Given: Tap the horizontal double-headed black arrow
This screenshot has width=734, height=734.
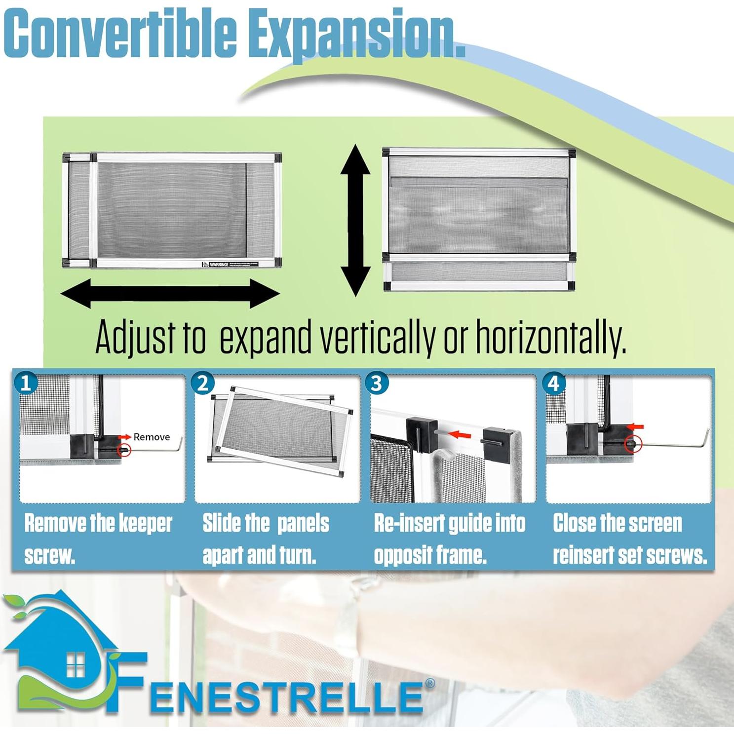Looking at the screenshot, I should [x=170, y=293].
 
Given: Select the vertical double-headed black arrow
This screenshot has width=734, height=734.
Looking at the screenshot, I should [x=355, y=220].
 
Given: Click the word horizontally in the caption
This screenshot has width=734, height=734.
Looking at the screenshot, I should [x=550, y=338].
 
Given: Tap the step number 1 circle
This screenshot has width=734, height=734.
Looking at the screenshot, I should [x=26, y=383].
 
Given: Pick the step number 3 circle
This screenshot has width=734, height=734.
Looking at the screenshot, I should [x=377, y=383].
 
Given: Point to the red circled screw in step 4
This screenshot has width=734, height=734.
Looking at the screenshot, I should [x=632, y=444].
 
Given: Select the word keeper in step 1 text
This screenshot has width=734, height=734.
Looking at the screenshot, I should [x=144, y=523].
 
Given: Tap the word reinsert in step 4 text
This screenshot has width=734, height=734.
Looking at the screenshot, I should [x=582, y=555].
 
